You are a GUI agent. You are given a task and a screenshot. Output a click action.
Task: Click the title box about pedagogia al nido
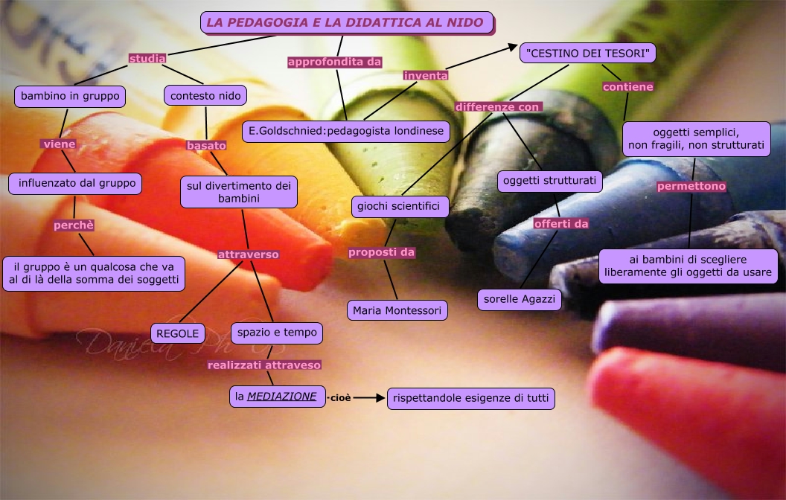click(347, 22)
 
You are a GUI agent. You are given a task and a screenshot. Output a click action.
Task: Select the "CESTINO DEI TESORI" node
click(588, 53)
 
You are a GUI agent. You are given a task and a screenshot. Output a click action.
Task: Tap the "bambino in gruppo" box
click(70, 96)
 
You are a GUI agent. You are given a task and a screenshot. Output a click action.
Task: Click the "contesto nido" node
click(205, 96)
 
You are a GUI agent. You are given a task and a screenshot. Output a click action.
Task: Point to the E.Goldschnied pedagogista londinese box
click(346, 132)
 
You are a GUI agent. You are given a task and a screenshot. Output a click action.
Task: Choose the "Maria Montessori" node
click(397, 310)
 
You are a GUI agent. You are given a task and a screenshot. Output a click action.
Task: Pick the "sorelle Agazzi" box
click(520, 299)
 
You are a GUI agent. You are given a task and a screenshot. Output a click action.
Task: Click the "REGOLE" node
click(177, 333)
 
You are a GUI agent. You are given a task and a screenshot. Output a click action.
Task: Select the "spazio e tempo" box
click(277, 333)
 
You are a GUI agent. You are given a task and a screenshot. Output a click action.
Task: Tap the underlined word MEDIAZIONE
click(282, 397)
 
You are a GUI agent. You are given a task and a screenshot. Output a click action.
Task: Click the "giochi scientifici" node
click(400, 206)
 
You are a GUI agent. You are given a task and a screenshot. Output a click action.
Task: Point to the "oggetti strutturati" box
click(550, 181)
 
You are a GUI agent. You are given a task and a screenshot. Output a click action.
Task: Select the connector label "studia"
click(147, 58)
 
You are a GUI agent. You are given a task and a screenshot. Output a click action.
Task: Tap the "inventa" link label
click(426, 75)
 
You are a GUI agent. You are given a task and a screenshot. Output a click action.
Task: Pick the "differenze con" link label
click(497, 107)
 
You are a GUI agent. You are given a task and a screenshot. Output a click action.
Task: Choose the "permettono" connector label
click(691, 186)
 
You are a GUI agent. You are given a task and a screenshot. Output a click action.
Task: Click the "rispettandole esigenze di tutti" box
click(471, 399)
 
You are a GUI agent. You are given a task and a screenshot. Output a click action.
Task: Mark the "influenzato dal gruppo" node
click(75, 184)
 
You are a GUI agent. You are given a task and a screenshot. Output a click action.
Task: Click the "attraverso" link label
click(248, 254)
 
